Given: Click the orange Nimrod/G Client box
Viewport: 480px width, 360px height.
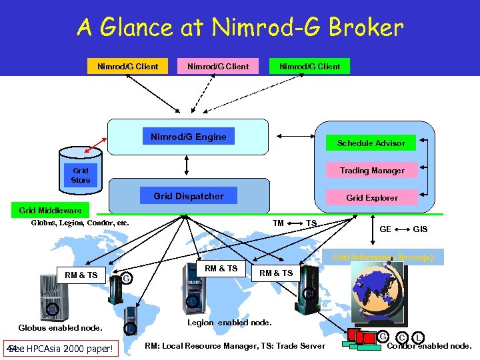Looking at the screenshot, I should point(128,66).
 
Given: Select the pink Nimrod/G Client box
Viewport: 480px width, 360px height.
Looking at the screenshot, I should point(218,66).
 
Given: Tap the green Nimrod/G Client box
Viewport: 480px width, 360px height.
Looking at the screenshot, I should point(309,66).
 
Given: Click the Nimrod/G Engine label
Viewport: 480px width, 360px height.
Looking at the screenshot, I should point(189,137).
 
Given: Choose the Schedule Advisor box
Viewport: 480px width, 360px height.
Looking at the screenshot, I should point(371,143).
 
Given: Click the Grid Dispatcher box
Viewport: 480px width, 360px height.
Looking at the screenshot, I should point(189,196).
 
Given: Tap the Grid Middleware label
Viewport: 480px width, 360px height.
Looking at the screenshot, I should point(51,211).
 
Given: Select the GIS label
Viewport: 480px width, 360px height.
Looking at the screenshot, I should point(421,229).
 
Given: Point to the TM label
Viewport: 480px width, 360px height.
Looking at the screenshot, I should point(279,223).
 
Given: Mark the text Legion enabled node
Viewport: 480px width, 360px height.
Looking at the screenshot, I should point(229,323).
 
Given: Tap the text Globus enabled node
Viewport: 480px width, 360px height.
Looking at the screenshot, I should point(61,327).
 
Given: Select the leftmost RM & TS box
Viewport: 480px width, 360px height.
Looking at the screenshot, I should point(81,275).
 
